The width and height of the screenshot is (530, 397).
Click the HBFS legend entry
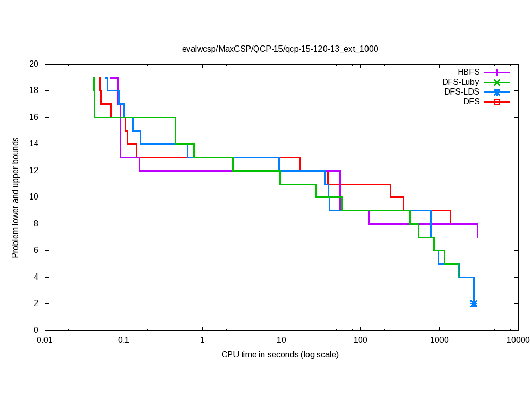pos(468,72)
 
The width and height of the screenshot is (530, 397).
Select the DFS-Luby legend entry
pos(461,82)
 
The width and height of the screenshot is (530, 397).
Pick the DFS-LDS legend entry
pos(462,92)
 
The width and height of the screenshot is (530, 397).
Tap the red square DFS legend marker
pos(496,102)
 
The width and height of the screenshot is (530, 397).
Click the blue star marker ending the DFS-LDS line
pos(474,303)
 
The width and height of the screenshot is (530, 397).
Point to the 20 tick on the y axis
pos(34,64)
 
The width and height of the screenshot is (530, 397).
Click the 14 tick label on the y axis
pos(34,144)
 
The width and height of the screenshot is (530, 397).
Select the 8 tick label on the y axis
pos(36,224)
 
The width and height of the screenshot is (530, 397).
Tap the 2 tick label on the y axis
pos(36,303)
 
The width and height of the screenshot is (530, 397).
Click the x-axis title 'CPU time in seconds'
pos(280,355)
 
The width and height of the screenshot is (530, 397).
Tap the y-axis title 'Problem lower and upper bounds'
pos(16,197)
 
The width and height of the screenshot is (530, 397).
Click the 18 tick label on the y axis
pos(34,90)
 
